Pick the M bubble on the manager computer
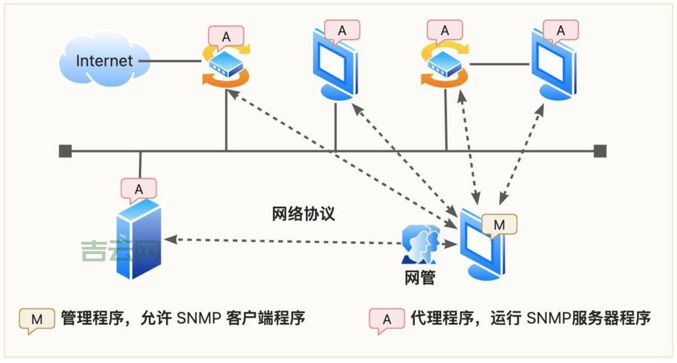[498, 226]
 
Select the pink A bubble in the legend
[387, 319]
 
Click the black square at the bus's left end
[65, 151]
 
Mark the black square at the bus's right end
[599, 151]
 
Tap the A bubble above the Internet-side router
[226, 36]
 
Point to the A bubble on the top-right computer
[560, 30]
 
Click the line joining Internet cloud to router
[174, 61]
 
